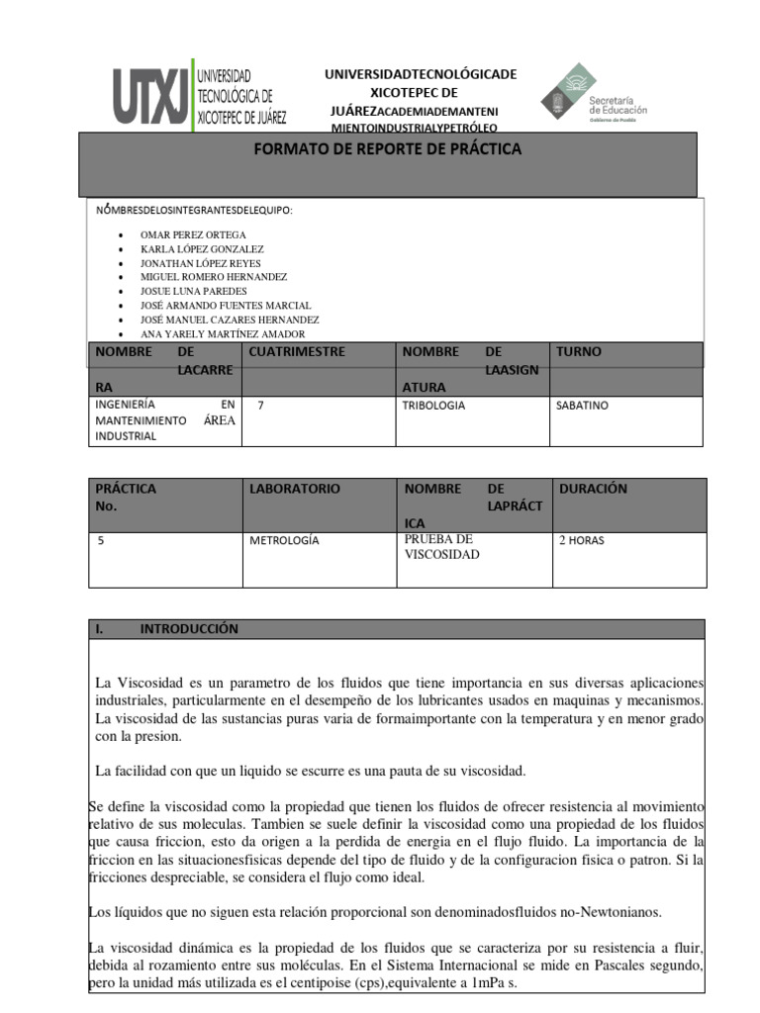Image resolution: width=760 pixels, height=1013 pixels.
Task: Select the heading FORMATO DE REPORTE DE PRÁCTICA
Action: tap(388, 149)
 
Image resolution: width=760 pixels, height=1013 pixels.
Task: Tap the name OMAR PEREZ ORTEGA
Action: tap(194, 234)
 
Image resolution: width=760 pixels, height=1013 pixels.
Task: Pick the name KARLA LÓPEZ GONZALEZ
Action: tap(202, 249)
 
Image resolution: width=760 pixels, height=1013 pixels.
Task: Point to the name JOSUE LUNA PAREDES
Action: tap(194, 292)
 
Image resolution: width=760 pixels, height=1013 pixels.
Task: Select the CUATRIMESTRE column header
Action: tap(297, 352)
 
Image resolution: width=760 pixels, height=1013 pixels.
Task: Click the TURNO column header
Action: tap(579, 352)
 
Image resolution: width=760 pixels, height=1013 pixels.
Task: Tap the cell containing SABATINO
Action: tap(583, 406)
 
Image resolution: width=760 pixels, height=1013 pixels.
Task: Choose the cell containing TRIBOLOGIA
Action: tap(433, 406)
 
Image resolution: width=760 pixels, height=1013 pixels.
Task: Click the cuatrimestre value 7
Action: tap(260, 406)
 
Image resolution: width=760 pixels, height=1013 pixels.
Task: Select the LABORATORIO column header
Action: tap(295, 489)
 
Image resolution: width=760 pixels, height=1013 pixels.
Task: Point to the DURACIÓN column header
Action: tap(593, 489)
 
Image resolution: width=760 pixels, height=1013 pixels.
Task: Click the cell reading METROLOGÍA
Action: tap(285, 541)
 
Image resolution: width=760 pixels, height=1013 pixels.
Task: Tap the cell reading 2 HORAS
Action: tap(582, 541)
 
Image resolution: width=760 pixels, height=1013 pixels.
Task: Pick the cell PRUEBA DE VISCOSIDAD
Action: tap(439, 547)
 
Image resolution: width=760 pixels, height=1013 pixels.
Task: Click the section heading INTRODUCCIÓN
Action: tap(189, 629)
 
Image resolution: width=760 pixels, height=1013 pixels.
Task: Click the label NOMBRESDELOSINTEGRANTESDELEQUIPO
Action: tap(194, 210)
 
